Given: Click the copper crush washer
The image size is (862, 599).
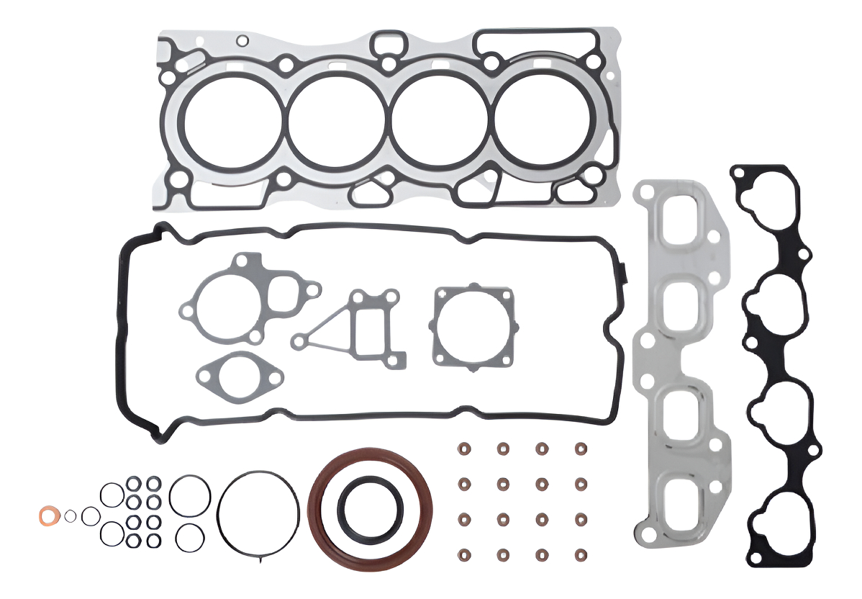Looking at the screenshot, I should (49, 515).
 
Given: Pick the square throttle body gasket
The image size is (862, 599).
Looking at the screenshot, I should (473, 327).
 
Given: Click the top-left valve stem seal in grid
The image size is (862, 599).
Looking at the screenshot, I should (463, 449).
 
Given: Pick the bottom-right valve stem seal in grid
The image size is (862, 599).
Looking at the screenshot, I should (580, 555).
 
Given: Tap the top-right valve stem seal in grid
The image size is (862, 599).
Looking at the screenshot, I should (580, 449).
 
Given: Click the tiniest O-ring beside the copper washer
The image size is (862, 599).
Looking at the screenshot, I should (70, 515).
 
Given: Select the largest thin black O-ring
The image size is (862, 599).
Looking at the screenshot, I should (257, 513).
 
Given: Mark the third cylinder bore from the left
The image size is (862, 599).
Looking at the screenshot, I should (439, 120).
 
